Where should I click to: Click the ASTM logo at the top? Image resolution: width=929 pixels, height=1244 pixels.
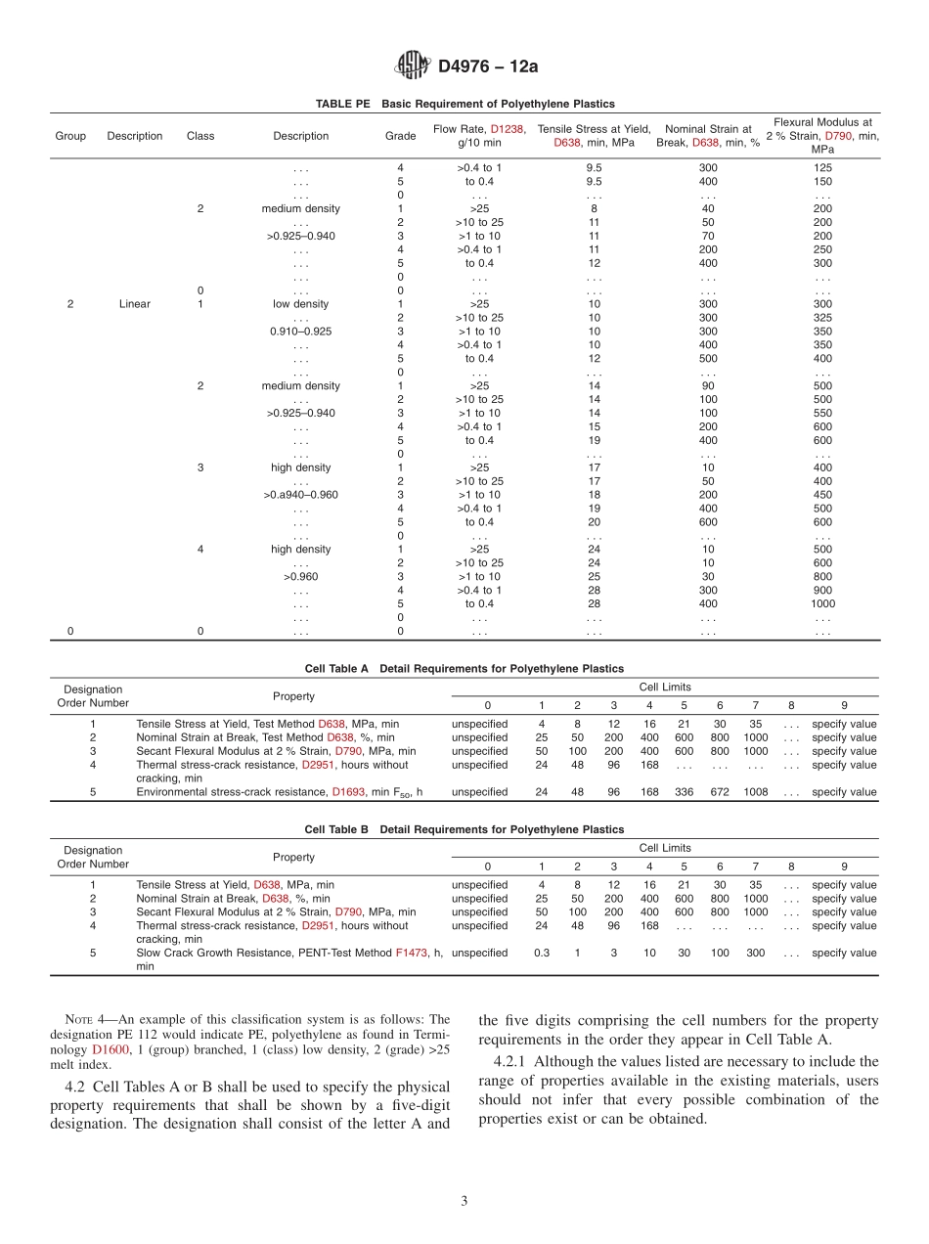[411, 67]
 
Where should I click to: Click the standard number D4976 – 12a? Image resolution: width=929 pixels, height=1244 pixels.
[488, 67]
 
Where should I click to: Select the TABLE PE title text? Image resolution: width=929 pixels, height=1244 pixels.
[464, 104]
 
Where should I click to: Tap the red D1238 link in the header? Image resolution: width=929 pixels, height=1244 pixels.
[507, 128]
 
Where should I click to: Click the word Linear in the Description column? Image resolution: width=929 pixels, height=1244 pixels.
[135, 304]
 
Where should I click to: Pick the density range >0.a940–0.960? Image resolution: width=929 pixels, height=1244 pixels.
[300, 495]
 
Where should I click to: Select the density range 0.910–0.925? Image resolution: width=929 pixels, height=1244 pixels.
[300, 332]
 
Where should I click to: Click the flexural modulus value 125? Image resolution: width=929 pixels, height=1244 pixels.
[822, 168]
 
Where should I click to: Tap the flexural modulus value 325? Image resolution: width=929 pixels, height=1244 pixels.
[822, 318]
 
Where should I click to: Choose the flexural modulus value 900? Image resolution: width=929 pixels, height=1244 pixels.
[822, 590]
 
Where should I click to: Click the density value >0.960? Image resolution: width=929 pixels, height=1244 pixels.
[300, 577]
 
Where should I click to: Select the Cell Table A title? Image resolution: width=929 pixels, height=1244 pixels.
[464, 669]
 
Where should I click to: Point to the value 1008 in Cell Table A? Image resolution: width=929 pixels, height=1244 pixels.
[755, 792]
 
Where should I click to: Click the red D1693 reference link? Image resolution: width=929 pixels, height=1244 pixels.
[348, 792]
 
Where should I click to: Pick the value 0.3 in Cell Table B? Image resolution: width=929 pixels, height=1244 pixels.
[541, 953]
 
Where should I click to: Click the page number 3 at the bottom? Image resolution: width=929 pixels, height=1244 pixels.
[464, 1202]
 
